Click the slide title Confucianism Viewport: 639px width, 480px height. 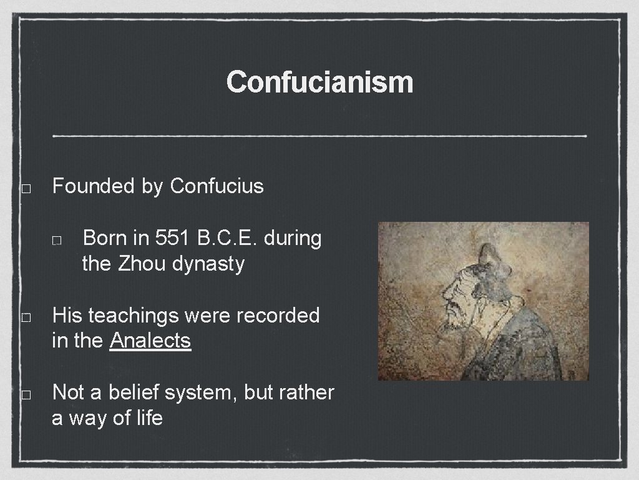click(319, 82)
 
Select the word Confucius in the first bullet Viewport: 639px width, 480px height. click(217, 186)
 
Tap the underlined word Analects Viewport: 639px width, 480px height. click(150, 341)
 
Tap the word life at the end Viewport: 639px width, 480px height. click(150, 418)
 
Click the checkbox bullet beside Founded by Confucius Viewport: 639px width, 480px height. click(26, 188)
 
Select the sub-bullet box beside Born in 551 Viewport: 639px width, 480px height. click(56, 240)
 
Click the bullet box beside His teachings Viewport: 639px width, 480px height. click(26, 317)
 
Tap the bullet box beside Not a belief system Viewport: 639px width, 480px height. click(26, 394)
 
